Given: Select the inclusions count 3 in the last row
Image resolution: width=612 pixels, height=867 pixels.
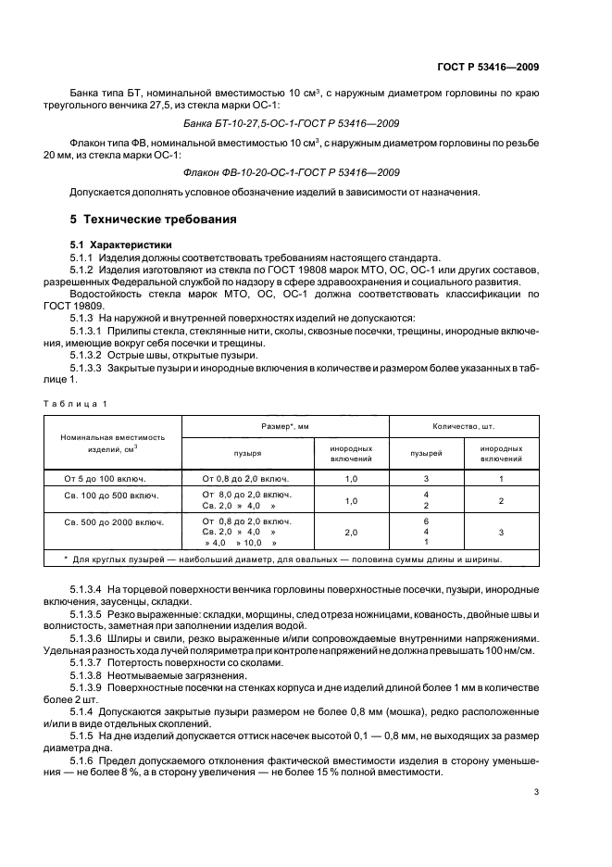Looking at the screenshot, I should click(501, 534).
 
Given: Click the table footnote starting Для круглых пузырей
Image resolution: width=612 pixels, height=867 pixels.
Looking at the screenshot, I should click(287, 559).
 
